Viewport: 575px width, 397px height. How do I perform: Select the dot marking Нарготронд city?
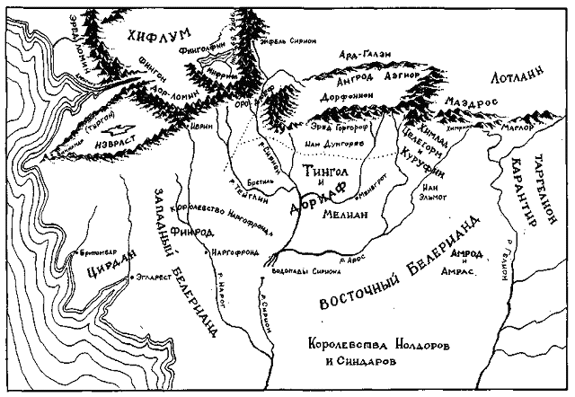point(216,248)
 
